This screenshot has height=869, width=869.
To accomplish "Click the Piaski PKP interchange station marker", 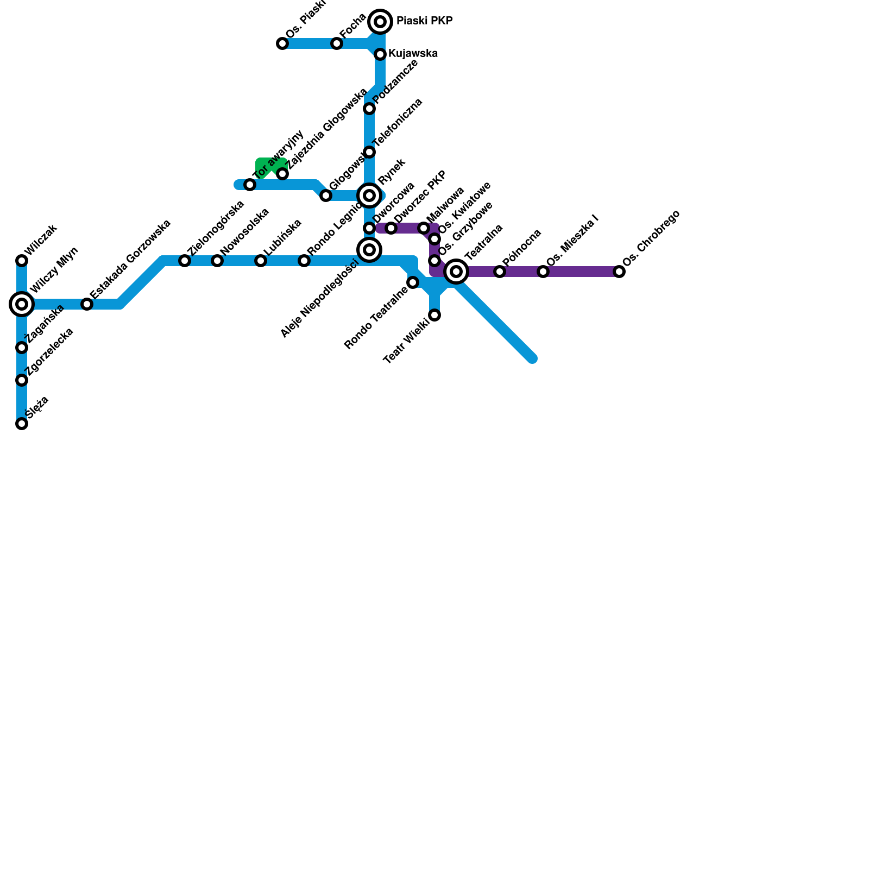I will coord(380,22).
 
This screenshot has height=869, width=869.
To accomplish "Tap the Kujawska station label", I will coord(413,53).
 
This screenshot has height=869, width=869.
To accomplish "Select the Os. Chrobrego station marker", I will coord(619,272).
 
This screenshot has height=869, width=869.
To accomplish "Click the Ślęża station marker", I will coord(22,424).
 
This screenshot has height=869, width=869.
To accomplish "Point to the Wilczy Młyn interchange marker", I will coord(22,304).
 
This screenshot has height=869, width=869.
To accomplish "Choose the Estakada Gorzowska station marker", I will coord(87,304).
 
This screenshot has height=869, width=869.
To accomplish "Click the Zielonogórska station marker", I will coord(185,261).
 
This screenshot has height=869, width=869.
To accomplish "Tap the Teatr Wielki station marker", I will coord(434,315).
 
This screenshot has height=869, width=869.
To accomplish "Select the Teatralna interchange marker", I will coord(456,272).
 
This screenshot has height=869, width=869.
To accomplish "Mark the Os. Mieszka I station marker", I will coord(543,272).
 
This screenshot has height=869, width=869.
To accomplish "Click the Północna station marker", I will coord(500,272).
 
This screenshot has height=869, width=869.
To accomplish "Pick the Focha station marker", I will coord(337,43).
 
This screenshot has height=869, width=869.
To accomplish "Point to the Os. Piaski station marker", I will coord(282,43).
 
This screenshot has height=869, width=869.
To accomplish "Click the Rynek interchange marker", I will coord(369,196).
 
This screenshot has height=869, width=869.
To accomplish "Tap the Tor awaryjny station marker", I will coord(250,185).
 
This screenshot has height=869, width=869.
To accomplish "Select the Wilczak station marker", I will coord(22,261).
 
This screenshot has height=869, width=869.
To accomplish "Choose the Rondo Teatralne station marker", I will coord(413,282).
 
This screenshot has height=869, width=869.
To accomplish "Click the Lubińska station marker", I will coord(261,261).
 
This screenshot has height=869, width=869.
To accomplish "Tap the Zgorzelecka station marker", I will coord(22,380).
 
